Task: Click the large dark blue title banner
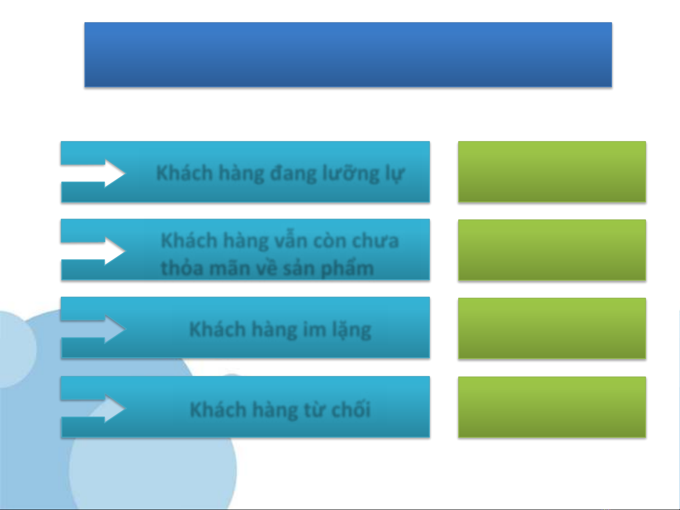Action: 348,55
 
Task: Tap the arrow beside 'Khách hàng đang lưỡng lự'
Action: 93,174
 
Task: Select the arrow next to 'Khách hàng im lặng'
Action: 93,329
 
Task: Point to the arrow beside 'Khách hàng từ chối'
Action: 93,409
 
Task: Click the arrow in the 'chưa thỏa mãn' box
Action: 93,251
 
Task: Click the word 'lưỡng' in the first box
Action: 351,174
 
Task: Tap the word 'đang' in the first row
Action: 294,174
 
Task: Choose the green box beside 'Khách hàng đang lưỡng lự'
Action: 552,172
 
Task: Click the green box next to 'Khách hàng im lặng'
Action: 552,328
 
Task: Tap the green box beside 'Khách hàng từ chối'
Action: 552,407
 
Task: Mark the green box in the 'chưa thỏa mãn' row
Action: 552,250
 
